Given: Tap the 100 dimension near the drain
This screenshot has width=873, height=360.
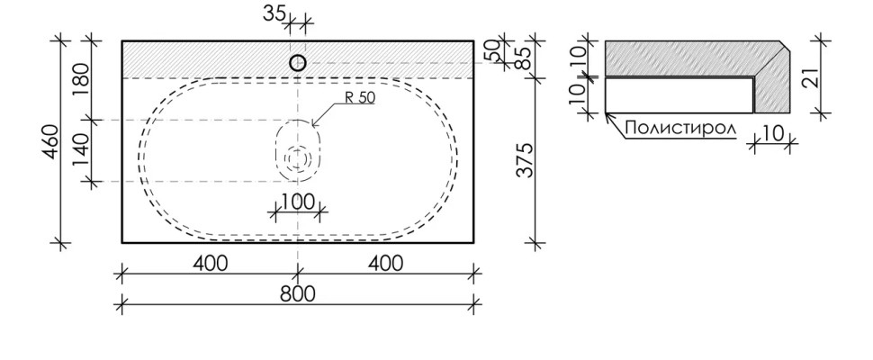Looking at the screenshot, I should tap(298, 202).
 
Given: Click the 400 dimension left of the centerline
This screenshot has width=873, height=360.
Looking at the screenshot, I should tap(209, 263).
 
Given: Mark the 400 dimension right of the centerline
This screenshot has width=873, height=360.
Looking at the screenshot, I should tap(385, 263).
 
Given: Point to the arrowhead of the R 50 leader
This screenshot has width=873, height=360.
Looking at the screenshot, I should tap(312, 122).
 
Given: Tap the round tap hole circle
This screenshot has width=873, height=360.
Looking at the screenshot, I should tap(298, 63).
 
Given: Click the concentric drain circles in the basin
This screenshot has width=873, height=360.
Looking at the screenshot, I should tap(298, 158).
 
